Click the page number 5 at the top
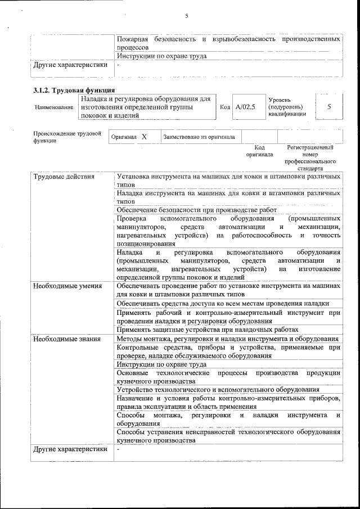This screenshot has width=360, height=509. tap(186, 16)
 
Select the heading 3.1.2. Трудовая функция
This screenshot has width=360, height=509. tap(74, 90)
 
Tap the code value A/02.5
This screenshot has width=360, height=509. tap(245, 107)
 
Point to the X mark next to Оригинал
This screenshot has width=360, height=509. tap(144, 137)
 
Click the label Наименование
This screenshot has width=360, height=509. tap(54, 107)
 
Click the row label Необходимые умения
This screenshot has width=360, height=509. tap(67, 286)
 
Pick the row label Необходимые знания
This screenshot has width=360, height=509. tap(66, 339)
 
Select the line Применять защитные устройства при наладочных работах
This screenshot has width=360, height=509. tap(207, 330)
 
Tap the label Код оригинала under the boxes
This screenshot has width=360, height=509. tap(259, 151)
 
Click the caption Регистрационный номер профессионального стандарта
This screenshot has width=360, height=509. tap(310, 157)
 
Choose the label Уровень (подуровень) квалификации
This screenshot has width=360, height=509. tap(287, 106)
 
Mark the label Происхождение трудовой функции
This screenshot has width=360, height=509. tap(67, 137)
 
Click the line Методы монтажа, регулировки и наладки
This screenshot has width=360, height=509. tap(227, 339)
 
